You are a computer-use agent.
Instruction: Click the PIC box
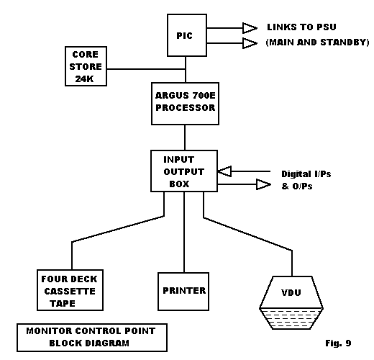(187, 35)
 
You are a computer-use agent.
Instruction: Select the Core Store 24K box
(86, 66)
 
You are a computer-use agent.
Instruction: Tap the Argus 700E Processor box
(185, 104)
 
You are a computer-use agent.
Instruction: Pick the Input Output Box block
(184, 171)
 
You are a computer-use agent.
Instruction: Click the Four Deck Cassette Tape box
(70, 290)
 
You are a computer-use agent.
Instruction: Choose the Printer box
(183, 292)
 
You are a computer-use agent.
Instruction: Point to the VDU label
(291, 292)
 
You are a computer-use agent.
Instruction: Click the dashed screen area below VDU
(291, 319)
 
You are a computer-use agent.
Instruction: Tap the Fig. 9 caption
(338, 343)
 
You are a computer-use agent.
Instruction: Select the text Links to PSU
(301, 27)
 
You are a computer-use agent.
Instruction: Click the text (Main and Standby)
(317, 42)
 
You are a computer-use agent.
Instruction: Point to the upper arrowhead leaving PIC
(250, 28)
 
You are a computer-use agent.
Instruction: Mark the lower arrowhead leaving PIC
(250, 43)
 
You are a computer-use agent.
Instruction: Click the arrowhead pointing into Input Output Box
(224, 171)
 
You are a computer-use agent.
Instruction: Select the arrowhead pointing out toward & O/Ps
(263, 184)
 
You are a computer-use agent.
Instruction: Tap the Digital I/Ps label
(306, 174)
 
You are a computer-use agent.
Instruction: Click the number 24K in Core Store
(84, 78)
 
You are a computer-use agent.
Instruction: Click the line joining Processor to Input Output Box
(185, 138)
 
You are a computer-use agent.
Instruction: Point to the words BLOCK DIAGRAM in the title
(89, 343)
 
